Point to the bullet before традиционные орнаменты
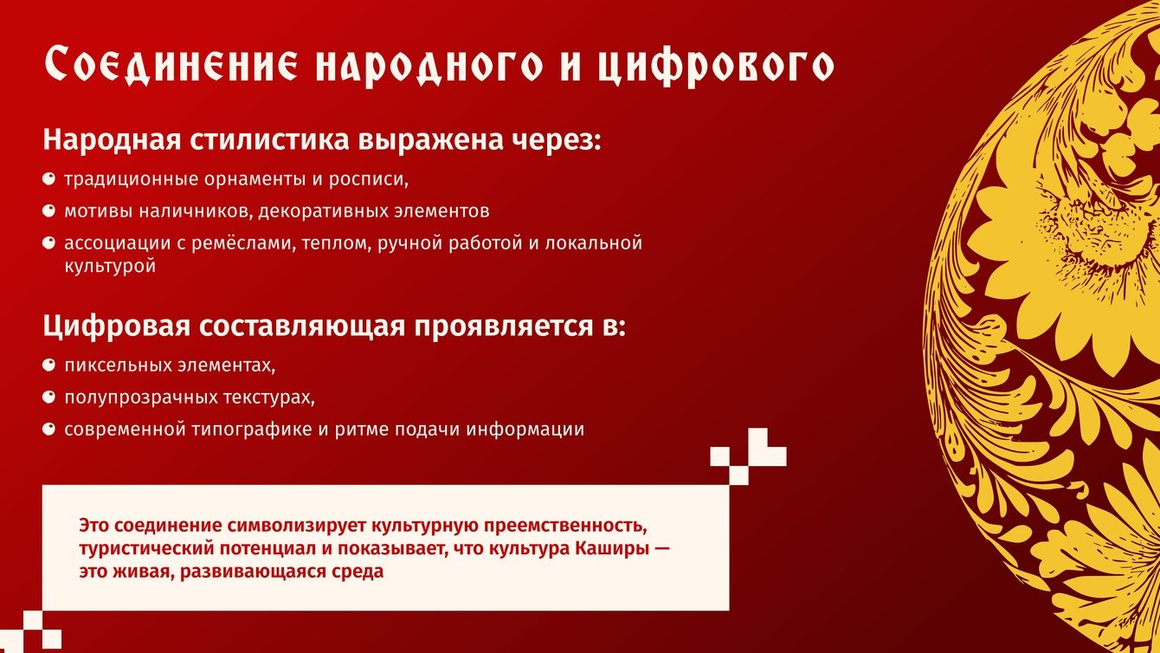48,179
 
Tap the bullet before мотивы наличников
48,211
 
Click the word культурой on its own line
110,267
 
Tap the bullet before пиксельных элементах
48,365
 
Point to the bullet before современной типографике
48,430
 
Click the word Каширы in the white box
611,549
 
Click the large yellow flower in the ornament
1067,249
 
